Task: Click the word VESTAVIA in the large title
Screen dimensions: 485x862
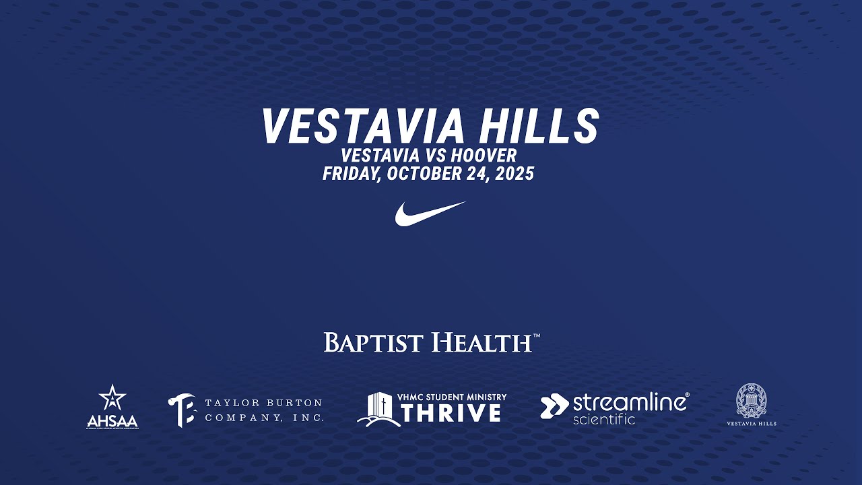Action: (x=362, y=126)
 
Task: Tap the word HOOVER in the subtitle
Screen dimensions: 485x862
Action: (x=484, y=156)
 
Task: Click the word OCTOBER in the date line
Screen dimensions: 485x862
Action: (x=424, y=174)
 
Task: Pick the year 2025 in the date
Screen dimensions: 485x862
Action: (x=513, y=174)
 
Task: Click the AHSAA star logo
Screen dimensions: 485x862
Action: (x=112, y=399)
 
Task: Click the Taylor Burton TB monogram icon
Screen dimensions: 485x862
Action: (x=182, y=410)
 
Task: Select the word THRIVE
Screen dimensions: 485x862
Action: (x=451, y=413)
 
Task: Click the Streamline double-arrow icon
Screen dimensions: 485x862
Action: (x=554, y=406)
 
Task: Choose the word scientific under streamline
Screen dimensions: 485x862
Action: (x=603, y=420)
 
